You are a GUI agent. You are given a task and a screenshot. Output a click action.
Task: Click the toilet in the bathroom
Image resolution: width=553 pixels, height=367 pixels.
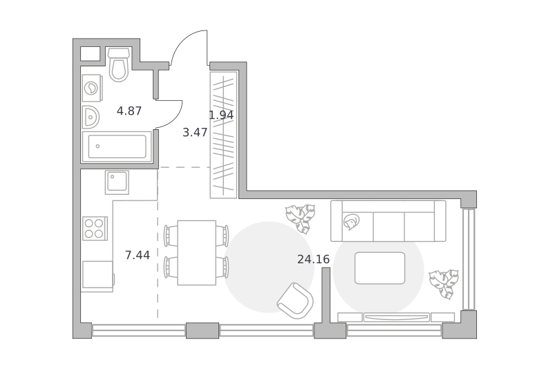pos(118,65)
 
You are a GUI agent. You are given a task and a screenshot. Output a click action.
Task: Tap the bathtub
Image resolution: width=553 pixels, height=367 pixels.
pos(117,147)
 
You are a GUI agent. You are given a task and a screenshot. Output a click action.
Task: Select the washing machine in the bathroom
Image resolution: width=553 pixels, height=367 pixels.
pos(92,88)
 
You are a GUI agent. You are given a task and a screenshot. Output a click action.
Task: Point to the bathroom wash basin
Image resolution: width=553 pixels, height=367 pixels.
pos(91,117)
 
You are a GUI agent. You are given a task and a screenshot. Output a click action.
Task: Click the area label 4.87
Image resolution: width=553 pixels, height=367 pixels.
pos(129,111)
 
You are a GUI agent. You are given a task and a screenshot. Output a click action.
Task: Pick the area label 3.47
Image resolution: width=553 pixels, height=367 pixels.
pos(195,133)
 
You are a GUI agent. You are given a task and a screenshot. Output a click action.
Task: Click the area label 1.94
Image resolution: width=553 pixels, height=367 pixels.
pos(221,115)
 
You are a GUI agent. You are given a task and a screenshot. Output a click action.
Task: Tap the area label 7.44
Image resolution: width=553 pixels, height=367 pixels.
pos(138,255)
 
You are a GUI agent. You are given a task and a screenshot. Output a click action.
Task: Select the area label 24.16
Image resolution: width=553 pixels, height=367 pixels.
pos(314,259)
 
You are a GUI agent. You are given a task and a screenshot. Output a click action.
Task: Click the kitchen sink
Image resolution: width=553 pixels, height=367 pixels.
pos(117,182)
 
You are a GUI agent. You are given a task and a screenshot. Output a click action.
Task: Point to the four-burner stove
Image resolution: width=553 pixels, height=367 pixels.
pos(95,229)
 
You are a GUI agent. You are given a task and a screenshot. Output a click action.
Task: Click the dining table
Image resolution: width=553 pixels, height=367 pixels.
pos(196,253)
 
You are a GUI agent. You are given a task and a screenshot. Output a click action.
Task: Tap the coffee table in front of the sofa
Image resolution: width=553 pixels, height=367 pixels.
pos(379,268)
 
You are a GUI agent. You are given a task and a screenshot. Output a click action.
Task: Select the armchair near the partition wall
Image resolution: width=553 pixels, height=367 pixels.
pos(296,301)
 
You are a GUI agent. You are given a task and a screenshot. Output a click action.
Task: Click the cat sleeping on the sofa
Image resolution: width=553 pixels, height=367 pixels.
pos(351,222)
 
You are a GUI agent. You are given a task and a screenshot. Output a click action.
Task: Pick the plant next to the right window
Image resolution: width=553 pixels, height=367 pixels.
pos(444,284)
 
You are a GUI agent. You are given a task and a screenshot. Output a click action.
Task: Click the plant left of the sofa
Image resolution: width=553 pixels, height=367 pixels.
pos(301,219)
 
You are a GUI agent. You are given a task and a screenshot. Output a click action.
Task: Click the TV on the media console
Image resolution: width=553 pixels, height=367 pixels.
pos(397,317)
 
